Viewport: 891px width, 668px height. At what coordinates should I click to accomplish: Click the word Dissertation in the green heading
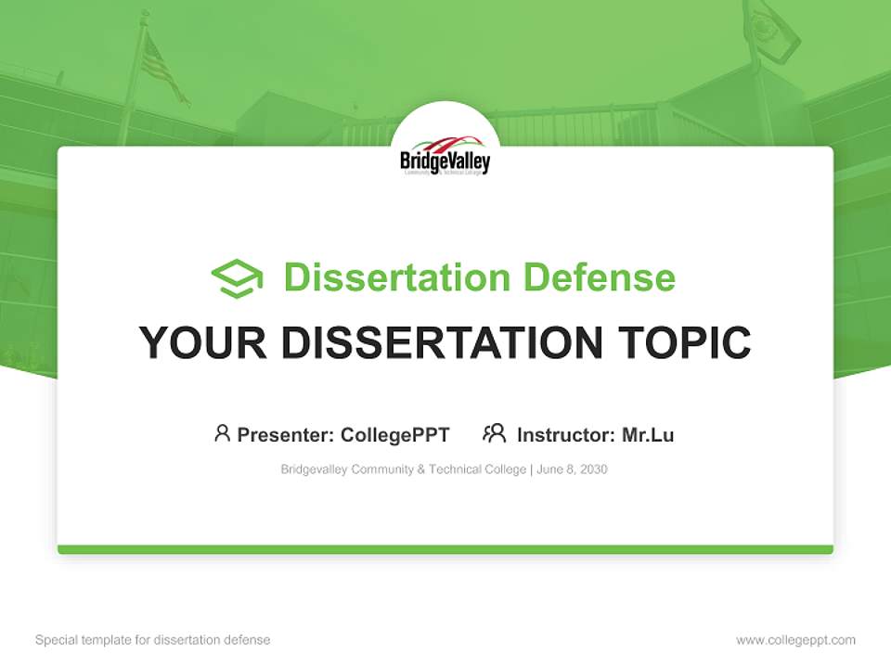click(396, 277)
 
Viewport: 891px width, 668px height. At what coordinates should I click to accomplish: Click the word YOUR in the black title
click(202, 343)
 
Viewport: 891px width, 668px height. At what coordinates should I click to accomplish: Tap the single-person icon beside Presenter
click(222, 433)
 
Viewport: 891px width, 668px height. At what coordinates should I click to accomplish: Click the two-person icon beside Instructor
click(495, 433)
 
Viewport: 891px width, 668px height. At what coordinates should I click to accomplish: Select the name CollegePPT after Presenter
click(395, 434)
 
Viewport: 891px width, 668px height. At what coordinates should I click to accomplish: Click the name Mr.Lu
click(648, 434)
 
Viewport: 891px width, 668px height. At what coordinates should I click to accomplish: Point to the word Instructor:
click(566, 434)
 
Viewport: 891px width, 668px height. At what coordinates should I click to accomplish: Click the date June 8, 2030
click(572, 469)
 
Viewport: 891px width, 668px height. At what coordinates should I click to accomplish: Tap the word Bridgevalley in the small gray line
click(314, 469)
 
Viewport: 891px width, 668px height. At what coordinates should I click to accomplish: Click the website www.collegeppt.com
click(795, 640)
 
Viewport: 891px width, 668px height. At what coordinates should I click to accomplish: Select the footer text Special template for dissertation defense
click(153, 640)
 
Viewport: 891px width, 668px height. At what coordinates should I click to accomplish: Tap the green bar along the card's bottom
click(445, 549)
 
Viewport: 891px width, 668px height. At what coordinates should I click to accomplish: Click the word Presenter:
click(286, 434)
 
